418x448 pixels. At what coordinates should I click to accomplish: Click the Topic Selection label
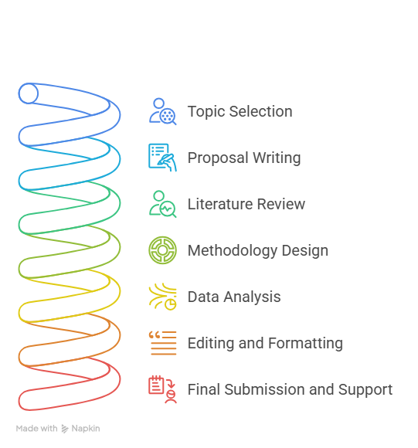point(240,111)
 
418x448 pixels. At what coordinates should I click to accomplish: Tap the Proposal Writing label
point(244,158)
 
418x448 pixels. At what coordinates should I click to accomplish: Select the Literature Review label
point(246,204)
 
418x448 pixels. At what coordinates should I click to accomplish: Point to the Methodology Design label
point(258,250)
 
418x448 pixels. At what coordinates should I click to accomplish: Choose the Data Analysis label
point(234,297)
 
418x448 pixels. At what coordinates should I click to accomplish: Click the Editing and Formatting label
point(265,343)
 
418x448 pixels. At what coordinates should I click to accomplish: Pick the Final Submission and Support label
point(290,389)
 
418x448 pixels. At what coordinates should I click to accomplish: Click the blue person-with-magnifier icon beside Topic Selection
point(162,111)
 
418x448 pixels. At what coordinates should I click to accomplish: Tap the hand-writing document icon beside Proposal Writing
point(162,158)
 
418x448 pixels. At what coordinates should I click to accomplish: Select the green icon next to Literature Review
point(162,204)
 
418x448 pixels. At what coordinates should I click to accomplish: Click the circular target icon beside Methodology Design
point(162,250)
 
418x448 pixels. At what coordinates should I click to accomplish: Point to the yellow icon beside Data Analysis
point(162,297)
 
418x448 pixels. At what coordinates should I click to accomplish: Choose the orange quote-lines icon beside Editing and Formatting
point(162,343)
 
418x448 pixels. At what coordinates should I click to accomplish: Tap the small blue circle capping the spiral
point(29,93)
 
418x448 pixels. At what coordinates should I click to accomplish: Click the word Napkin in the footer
point(86,428)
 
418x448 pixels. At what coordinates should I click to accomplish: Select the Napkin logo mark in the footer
point(65,429)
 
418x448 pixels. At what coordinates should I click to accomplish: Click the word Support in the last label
point(365,390)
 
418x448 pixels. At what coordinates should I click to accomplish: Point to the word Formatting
point(305,343)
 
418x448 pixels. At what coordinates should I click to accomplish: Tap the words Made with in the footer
point(36,428)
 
